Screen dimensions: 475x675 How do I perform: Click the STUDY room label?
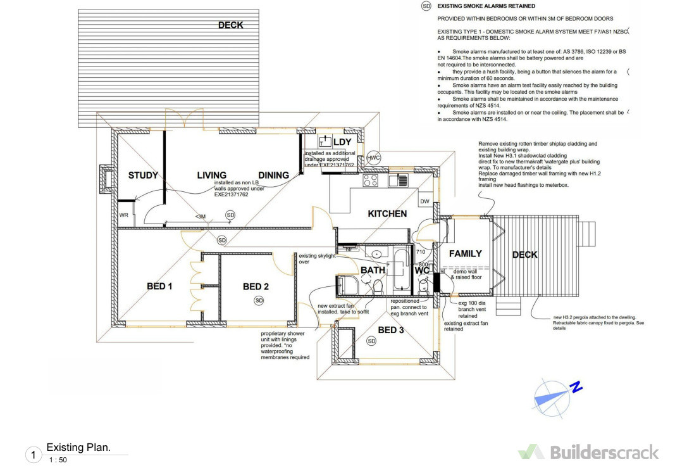tap(143, 175)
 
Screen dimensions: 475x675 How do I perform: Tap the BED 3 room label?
tap(391, 330)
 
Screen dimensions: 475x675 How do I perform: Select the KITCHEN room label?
tap(387, 214)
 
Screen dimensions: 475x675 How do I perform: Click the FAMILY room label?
tap(465, 253)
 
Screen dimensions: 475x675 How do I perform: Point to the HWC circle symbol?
tap(373, 158)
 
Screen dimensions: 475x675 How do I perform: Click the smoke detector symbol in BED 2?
tap(258, 300)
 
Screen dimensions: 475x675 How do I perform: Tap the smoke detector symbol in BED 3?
tap(371, 341)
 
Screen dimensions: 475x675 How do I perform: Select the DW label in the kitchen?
tap(424, 202)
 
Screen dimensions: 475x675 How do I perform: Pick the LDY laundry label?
tap(342, 141)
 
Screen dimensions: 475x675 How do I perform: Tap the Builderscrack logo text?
tap(604, 452)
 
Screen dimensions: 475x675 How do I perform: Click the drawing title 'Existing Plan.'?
tap(78, 447)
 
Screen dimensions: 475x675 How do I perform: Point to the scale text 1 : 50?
tap(58, 460)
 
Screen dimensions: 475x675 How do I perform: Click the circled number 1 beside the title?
tap(33, 455)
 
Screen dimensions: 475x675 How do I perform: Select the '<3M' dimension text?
tap(200, 217)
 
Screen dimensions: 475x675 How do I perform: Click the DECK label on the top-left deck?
tap(230, 25)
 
